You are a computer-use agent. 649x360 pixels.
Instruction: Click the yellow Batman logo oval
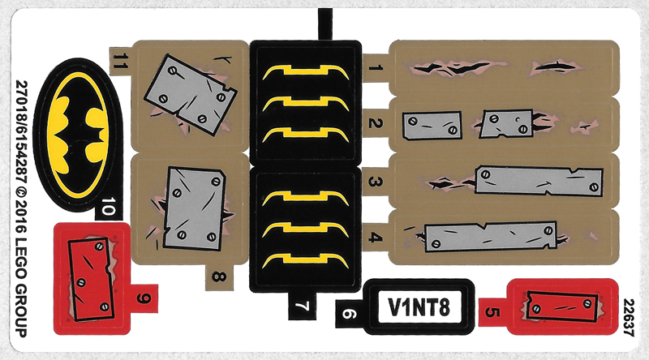[x=78, y=135]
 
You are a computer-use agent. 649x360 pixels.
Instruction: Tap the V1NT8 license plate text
[x=419, y=307]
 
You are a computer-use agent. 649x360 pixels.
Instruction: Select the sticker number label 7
[x=302, y=306]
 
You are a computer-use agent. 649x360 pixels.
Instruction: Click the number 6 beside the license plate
[x=348, y=315]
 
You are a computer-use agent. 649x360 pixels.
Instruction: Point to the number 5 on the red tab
[x=492, y=311]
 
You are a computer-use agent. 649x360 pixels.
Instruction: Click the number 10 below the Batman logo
[x=108, y=207]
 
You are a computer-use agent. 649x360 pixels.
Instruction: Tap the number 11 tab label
[x=119, y=62]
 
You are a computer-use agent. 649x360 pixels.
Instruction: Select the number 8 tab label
[x=219, y=276]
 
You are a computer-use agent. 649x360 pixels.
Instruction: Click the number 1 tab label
[x=376, y=67]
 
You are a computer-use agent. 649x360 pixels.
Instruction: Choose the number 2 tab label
[x=376, y=122]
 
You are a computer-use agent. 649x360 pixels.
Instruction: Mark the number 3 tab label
[x=376, y=182]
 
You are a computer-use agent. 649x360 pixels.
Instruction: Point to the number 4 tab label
[x=376, y=237]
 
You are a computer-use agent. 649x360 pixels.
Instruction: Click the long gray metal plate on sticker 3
[x=539, y=181]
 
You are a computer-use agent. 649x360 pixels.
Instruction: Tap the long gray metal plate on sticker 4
[x=491, y=236]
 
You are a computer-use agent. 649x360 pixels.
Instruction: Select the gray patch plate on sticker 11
[x=190, y=95]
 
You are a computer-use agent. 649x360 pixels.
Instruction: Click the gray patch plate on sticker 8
[x=194, y=208]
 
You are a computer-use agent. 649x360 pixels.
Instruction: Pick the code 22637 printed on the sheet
[x=629, y=317]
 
